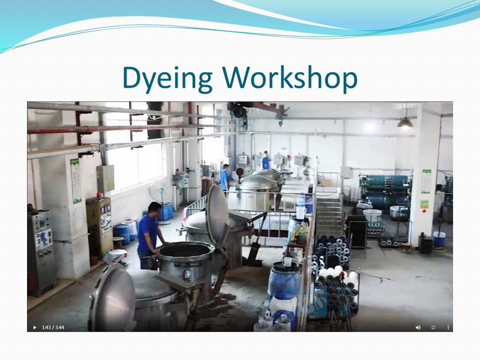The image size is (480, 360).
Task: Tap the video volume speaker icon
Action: coord(418,327)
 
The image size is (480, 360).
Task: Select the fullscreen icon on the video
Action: coord(433,327)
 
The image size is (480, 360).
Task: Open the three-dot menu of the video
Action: coord(448,327)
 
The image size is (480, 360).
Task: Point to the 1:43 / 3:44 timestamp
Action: coord(53,327)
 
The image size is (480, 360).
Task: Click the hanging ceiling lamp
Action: coord(405,122)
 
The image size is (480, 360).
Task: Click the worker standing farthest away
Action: coord(265,160)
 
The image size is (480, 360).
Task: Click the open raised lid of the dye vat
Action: coord(217,214)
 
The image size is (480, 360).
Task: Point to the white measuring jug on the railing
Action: coord(301,213)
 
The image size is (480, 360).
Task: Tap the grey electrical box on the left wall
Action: coord(106,179)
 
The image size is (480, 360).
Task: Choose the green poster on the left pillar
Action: coord(76,181)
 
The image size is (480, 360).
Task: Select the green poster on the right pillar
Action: coord(426,181)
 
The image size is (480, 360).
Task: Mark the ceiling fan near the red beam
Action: coord(281,113)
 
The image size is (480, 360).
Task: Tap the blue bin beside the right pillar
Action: coord(439,239)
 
